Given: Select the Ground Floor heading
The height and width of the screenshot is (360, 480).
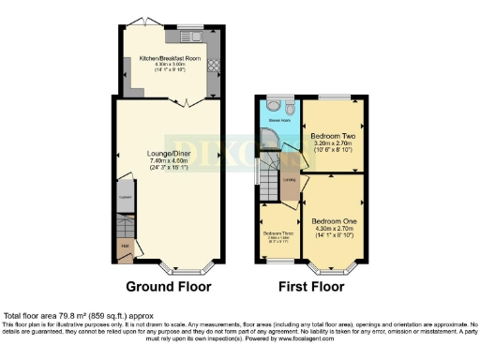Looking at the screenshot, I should (169, 286).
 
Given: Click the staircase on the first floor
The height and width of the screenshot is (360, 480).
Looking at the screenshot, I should (271, 176).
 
